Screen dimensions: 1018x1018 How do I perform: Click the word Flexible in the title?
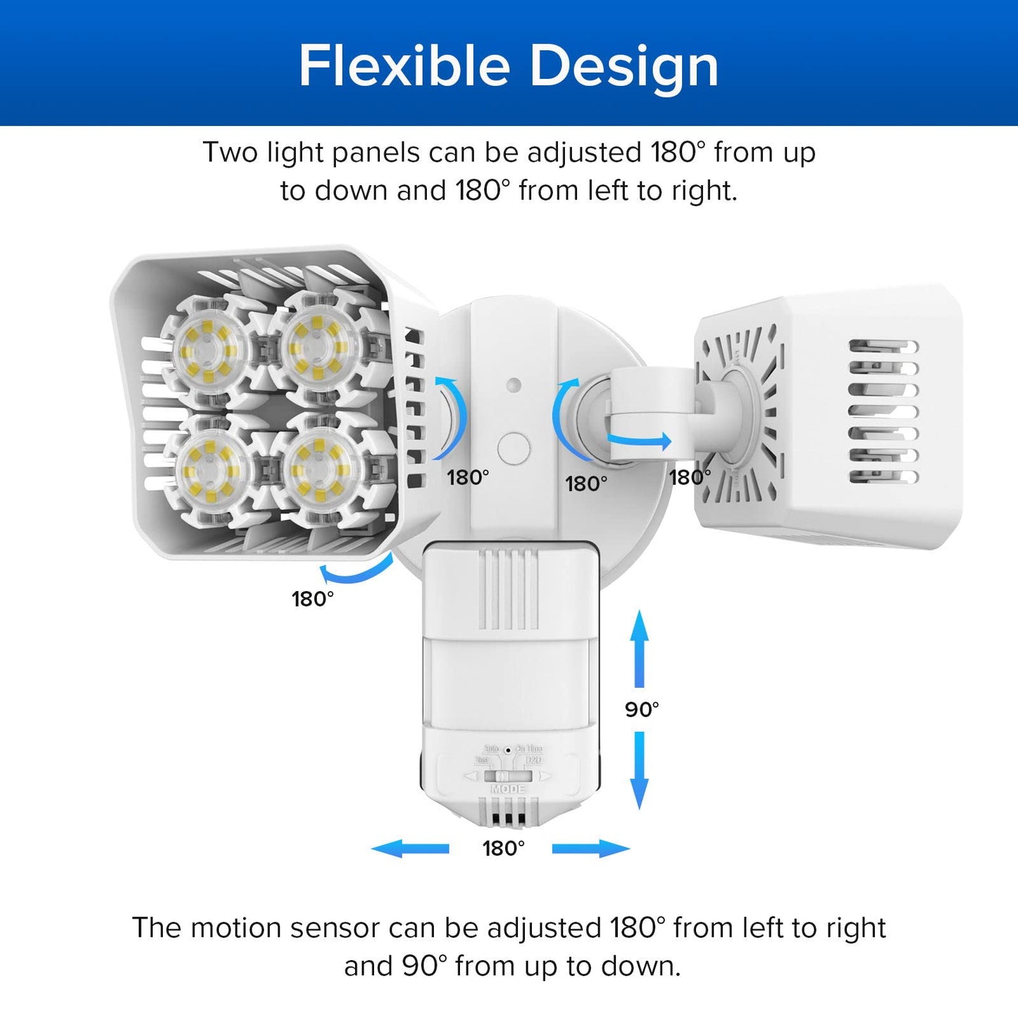(x=404, y=66)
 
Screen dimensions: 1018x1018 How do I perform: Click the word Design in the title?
(x=623, y=66)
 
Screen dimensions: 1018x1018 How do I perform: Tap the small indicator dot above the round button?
(x=514, y=385)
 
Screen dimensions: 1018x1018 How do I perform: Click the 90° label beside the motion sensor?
(x=642, y=709)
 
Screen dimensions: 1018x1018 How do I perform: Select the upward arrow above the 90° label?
(x=639, y=648)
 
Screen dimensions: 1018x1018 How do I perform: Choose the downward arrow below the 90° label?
(x=639, y=770)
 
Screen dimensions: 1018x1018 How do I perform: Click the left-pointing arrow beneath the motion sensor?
(x=410, y=848)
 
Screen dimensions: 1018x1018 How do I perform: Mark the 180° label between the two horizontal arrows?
(x=503, y=848)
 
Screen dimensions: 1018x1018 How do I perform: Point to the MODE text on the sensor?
(x=508, y=789)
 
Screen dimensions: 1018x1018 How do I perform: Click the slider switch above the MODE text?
(x=507, y=776)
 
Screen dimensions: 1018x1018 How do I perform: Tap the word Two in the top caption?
(x=230, y=153)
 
